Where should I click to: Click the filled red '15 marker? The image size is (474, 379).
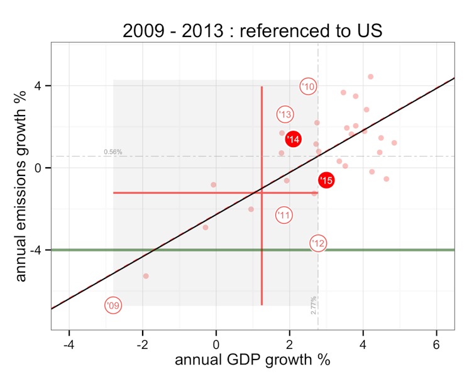pos(326,180)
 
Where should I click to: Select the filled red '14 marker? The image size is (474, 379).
pos(293,139)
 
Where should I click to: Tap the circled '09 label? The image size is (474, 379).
pos(113,305)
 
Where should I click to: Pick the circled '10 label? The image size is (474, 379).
pos(307,87)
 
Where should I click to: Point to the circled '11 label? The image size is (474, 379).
pos(284,215)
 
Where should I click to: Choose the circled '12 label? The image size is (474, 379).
pos(319,243)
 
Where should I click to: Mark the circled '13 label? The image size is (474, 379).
pos(285,114)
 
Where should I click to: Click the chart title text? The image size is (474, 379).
pos(252,30)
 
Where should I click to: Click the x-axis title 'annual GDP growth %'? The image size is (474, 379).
pos(252,360)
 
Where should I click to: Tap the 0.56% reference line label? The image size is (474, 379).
pos(113,152)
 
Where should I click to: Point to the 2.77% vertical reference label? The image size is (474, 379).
pos(313,305)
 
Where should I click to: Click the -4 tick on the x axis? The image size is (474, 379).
pos(69,345)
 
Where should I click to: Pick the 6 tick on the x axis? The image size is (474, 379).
pos(436,345)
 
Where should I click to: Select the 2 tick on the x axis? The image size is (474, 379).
pos(290,345)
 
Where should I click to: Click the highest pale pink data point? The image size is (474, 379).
pos(370,77)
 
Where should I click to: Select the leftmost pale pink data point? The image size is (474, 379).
pos(146,276)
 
